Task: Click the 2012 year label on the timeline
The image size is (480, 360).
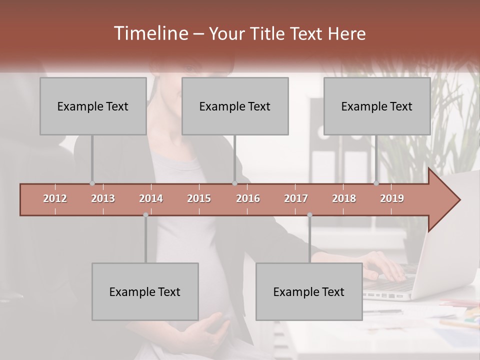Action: tap(55, 198)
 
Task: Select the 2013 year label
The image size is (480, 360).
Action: tap(103, 198)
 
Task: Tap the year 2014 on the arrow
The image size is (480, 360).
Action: tap(151, 198)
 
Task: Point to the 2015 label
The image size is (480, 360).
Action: tap(199, 198)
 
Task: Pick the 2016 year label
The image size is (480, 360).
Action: tap(248, 198)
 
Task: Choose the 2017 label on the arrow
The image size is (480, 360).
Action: tap(296, 198)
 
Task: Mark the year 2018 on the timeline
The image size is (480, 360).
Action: tap(344, 198)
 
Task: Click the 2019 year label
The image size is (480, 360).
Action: tap(392, 198)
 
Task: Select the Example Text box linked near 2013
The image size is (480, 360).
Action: tap(93, 106)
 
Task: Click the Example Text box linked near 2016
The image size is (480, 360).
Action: tap(235, 106)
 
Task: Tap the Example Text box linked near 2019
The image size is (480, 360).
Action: tap(377, 106)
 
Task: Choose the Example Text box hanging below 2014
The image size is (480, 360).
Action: tap(145, 291)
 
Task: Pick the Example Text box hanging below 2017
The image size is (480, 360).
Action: tap(309, 291)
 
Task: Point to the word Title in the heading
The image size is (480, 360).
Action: tap(271, 34)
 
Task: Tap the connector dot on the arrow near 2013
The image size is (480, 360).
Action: tap(92, 183)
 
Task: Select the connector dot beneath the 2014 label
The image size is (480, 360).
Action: tap(145, 215)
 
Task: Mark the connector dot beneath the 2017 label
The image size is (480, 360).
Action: tap(309, 215)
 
